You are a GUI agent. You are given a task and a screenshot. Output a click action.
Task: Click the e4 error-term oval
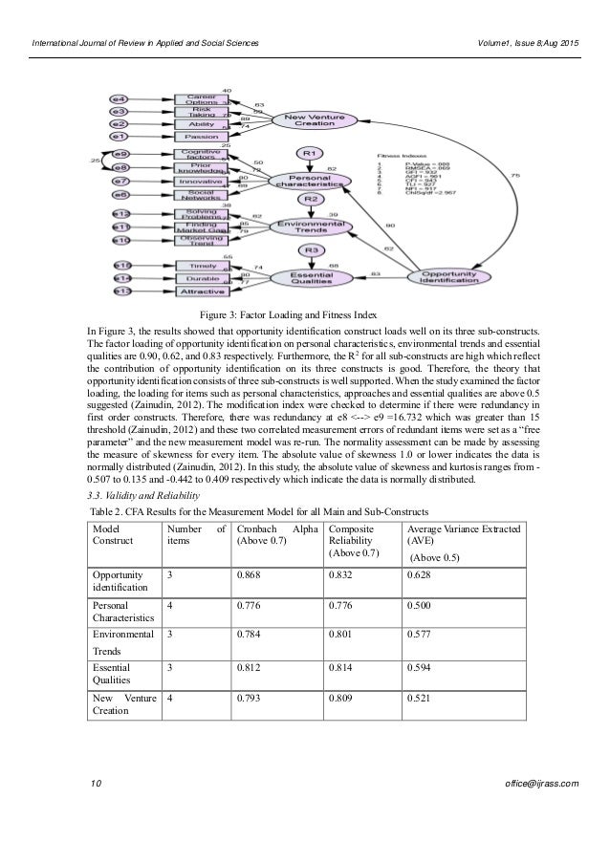click(x=120, y=98)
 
